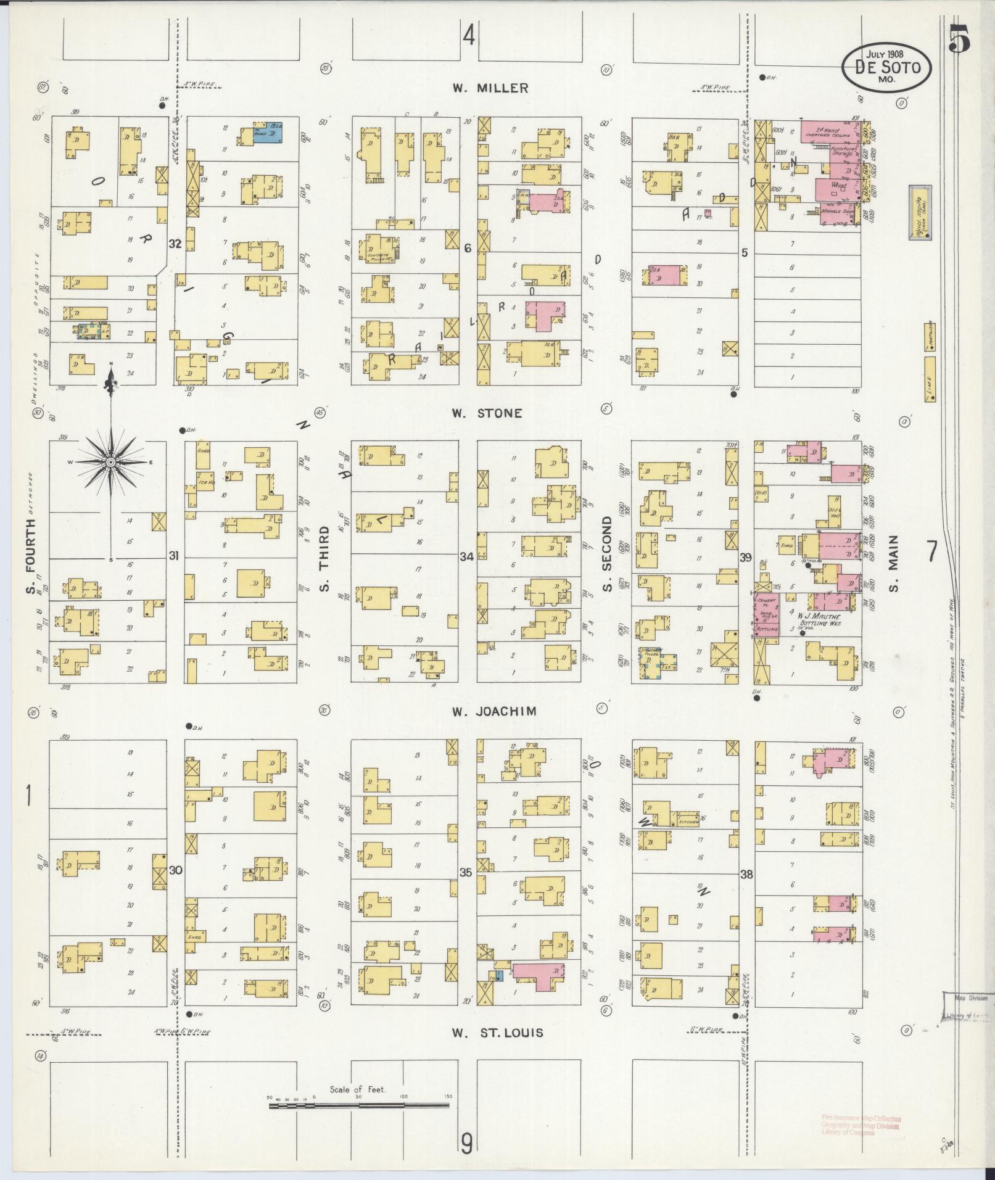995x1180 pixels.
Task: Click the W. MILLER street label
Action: [x=490, y=88]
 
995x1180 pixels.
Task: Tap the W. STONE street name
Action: [x=487, y=413]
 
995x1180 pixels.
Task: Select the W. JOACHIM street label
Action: [x=493, y=711]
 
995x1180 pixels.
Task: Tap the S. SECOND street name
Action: [x=607, y=554]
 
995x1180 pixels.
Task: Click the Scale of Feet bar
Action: [x=360, y=1107]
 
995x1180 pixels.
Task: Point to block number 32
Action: [x=175, y=244]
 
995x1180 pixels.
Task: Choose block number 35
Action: [x=466, y=872]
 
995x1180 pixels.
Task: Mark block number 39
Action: [x=746, y=558]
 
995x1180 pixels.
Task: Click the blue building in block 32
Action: [x=267, y=133]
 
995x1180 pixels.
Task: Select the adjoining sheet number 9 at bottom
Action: [x=467, y=1144]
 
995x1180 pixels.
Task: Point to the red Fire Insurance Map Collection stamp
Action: [x=860, y=1125]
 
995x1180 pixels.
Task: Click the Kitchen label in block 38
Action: [x=687, y=822]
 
